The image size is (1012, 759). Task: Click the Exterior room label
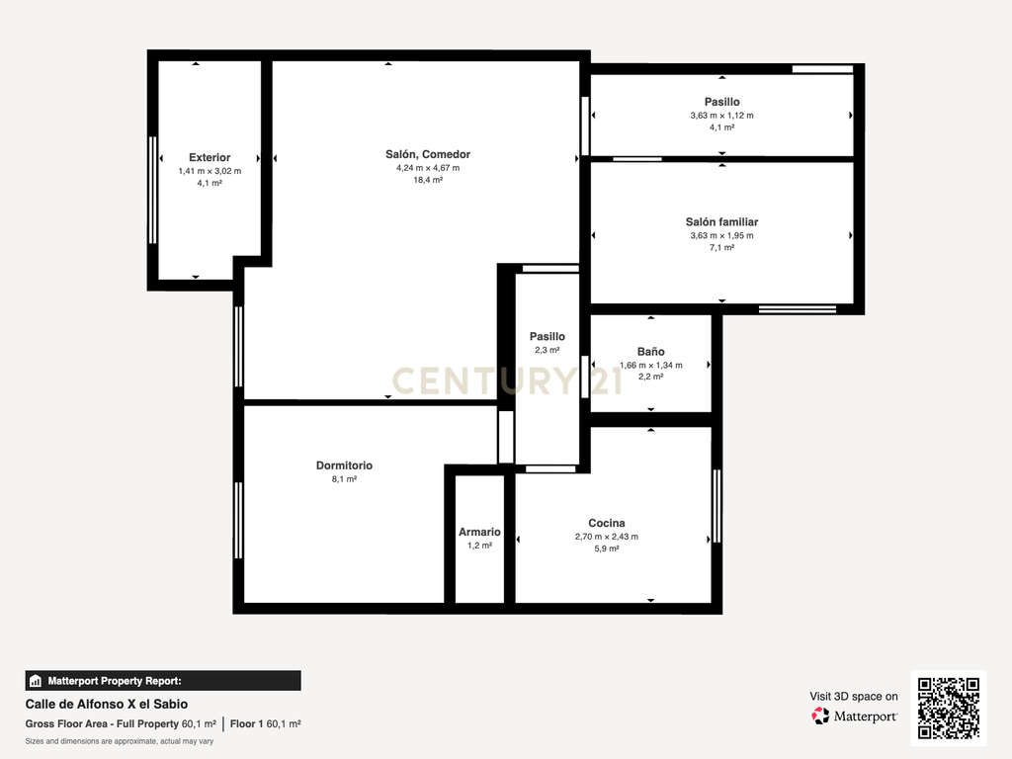tap(210, 157)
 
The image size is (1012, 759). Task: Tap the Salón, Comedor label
tap(428, 154)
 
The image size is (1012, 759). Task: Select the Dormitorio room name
tap(344, 465)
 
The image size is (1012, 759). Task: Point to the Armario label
tap(479, 532)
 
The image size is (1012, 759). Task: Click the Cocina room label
tap(607, 523)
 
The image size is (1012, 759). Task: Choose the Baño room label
tap(650, 351)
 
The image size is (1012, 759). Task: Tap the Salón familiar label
tap(721, 222)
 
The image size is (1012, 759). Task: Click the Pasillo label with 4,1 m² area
tap(721, 102)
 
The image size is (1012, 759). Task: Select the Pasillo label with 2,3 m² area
tap(548, 336)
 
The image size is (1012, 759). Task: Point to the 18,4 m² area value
tap(428, 180)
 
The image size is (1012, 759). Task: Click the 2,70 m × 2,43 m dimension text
tap(607, 537)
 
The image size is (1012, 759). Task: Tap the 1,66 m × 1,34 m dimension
tap(650, 365)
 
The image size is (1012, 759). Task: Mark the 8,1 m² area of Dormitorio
tap(344, 479)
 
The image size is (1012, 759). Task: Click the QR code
tap(949, 708)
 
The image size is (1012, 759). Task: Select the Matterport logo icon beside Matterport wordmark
tap(820, 716)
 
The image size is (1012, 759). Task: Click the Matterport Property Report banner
tap(163, 681)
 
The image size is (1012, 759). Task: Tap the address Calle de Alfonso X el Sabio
tap(107, 704)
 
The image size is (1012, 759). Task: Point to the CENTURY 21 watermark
tap(507, 380)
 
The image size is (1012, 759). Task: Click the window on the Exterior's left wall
tap(153, 190)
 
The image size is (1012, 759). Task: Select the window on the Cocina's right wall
tap(717, 507)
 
